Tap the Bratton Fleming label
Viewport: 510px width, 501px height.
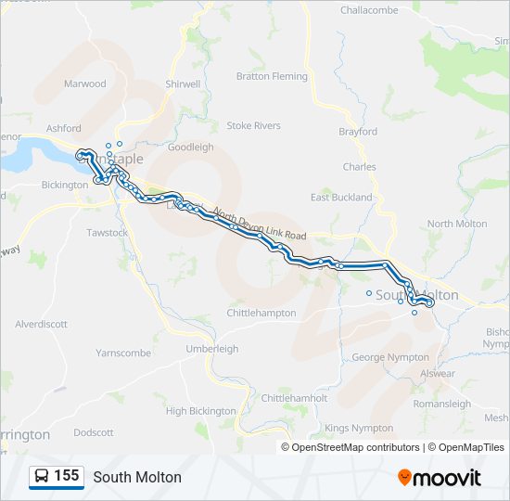pyautogui.click(x=272, y=76)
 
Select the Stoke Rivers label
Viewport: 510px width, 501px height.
pyautogui.click(x=254, y=125)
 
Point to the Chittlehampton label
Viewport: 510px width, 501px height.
pyautogui.click(x=261, y=314)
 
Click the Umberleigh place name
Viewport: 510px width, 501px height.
pyautogui.click(x=212, y=349)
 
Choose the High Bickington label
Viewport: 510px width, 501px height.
pyautogui.click(x=201, y=411)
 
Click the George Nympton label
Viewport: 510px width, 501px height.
pyautogui.click(x=390, y=357)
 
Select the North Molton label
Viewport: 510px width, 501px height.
pyautogui.click(x=457, y=224)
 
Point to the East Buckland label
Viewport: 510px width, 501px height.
pyautogui.click(x=341, y=198)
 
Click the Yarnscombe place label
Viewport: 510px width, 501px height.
pyautogui.click(x=123, y=353)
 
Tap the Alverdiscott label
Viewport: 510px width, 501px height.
pyautogui.click(x=41, y=324)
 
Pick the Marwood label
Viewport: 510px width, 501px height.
pyautogui.click(x=85, y=83)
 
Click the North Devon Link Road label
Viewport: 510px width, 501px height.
pyautogui.click(x=260, y=224)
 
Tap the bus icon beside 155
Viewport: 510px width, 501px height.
pyautogui.click(x=42, y=477)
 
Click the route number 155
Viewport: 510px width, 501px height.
pyautogui.click(x=67, y=476)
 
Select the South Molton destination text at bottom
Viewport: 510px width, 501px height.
pyautogui.click(x=137, y=477)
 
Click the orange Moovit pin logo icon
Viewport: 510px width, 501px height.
pyautogui.click(x=405, y=478)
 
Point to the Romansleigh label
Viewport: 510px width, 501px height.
pyautogui.click(x=442, y=405)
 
